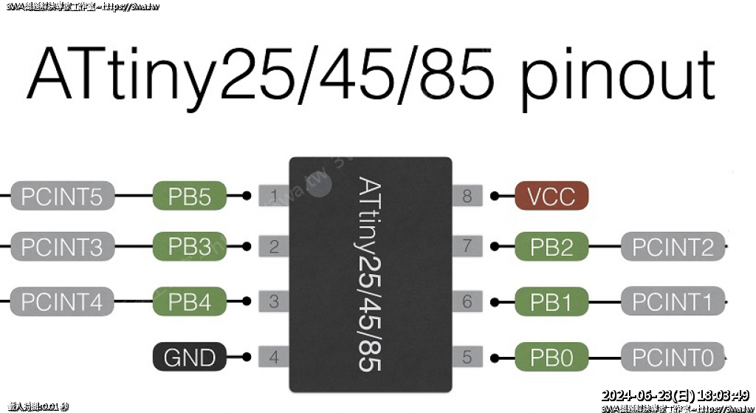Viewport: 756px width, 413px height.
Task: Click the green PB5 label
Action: click(x=190, y=197)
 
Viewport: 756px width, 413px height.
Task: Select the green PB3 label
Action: click(x=190, y=246)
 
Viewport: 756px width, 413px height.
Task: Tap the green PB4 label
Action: click(x=190, y=301)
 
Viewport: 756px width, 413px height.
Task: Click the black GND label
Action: click(x=190, y=358)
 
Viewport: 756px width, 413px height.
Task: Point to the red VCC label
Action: click(x=551, y=197)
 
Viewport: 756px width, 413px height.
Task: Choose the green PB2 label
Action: click(x=551, y=246)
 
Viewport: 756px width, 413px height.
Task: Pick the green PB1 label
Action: click(x=551, y=301)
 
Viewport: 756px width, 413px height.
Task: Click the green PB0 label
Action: click(x=551, y=358)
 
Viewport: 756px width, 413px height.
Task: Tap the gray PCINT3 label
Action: click(x=63, y=246)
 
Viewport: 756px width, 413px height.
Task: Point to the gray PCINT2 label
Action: click(x=673, y=246)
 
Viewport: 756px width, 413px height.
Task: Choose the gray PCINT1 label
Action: click(x=673, y=301)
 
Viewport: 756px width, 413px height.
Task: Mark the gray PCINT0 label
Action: click(x=673, y=358)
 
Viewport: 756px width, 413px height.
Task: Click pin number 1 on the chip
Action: click(x=274, y=197)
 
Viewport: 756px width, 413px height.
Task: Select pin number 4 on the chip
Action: click(x=274, y=358)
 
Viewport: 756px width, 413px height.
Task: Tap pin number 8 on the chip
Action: click(x=467, y=197)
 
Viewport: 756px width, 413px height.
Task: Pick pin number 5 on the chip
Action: click(x=467, y=358)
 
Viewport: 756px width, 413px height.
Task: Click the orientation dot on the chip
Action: click(x=320, y=184)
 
